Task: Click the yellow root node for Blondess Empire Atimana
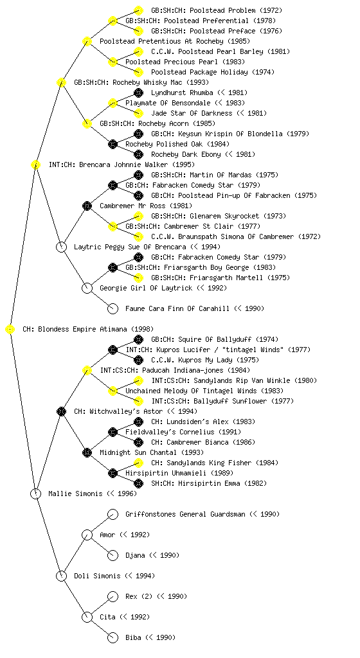(x=10, y=330)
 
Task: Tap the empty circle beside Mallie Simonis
(x=36, y=494)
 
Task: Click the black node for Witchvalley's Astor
(x=61, y=412)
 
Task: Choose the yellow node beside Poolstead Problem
(x=138, y=10)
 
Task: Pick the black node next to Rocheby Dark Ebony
(x=138, y=154)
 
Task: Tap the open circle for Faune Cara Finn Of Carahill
(x=113, y=309)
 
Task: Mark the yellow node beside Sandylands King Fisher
(x=138, y=463)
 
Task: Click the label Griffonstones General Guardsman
(x=185, y=515)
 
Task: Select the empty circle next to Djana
(x=113, y=556)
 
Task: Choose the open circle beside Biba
(x=113, y=638)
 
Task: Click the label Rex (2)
(x=139, y=597)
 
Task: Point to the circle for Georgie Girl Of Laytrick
(x=87, y=289)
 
